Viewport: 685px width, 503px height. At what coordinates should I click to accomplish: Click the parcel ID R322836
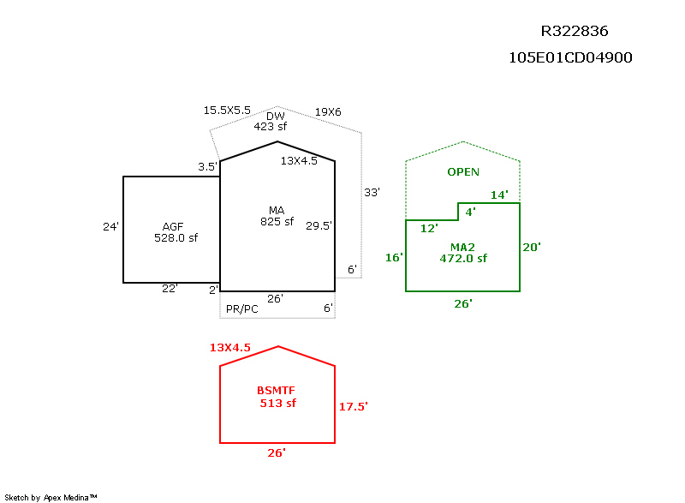575,31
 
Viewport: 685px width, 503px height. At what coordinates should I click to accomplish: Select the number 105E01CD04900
570,57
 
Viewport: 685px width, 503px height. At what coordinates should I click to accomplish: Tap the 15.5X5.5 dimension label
227,111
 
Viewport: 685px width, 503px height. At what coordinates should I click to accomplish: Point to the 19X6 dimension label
328,112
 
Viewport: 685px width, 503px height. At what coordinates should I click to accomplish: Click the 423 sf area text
271,127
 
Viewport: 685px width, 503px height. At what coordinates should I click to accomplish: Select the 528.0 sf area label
176,237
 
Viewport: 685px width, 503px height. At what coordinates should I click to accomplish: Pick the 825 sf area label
277,222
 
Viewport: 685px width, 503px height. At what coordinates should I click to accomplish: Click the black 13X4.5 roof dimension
299,161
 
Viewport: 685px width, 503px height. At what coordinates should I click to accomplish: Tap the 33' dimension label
372,192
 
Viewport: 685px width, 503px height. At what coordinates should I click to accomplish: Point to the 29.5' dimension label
319,226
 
